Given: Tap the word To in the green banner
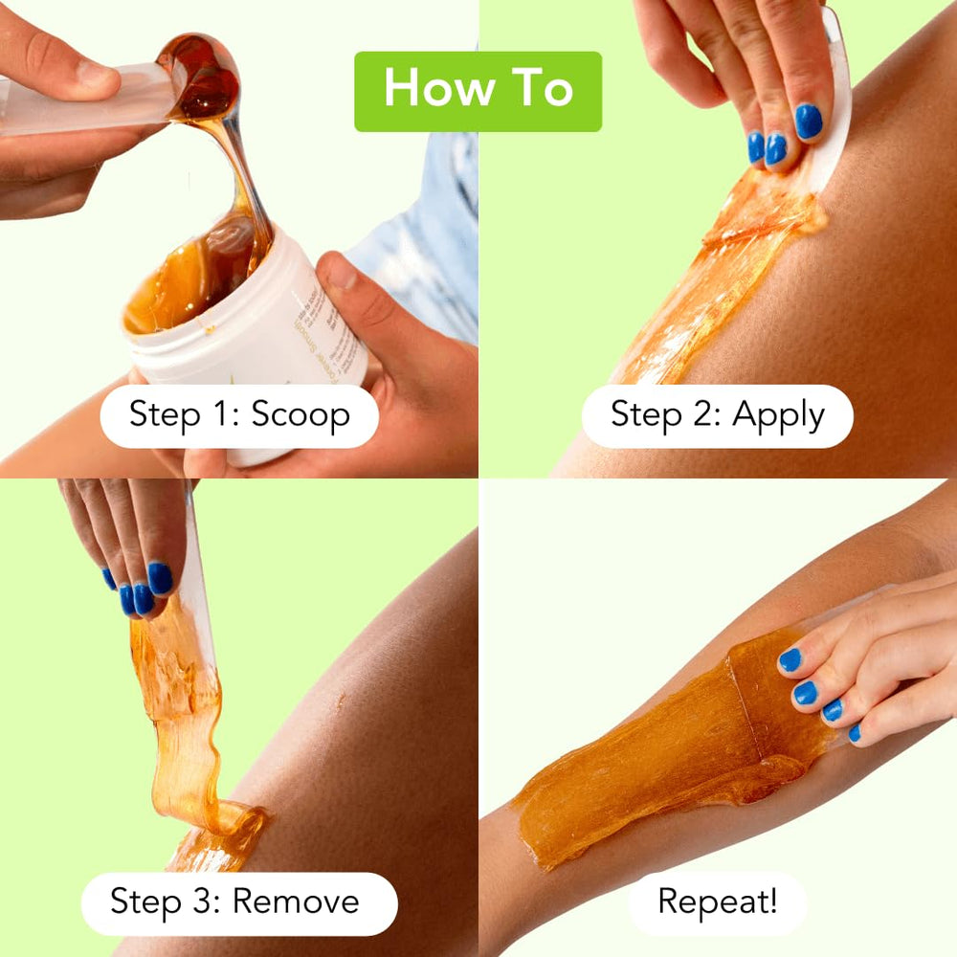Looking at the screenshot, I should tap(541, 90).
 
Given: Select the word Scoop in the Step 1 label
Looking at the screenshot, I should tap(300, 414).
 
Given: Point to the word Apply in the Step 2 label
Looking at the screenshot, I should tap(778, 414).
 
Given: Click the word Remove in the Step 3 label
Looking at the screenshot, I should tap(296, 901).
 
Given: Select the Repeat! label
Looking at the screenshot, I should tap(717, 901).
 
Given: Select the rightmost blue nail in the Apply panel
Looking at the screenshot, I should tap(809, 122).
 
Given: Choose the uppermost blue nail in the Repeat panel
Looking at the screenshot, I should tap(790, 659).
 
